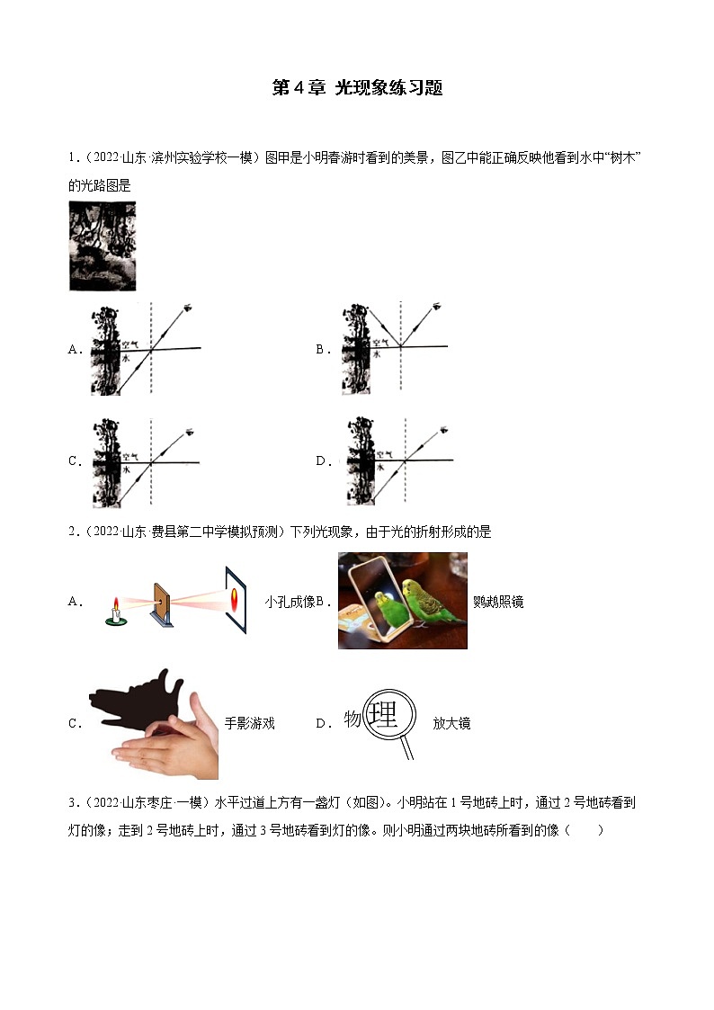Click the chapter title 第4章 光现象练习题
pos(357,87)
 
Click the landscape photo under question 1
pos(103,246)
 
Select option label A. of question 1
pos(76,349)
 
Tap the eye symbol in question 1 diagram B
pos(437,306)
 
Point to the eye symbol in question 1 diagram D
pos(443,430)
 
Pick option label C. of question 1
pos(76,461)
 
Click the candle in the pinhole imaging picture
pos(116,612)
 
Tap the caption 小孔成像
pos(290,602)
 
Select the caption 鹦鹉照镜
pos(498,602)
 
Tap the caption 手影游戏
pos(250,723)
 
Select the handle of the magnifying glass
pos(406,747)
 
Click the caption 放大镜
pos(452,723)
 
